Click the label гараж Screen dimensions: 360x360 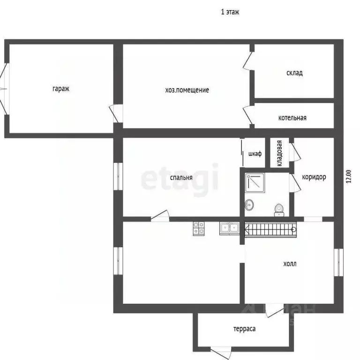(61, 89)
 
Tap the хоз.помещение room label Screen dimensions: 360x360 (187, 90)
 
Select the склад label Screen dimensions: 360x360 (294, 73)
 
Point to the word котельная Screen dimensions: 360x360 (292, 118)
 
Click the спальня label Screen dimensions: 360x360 (181, 178)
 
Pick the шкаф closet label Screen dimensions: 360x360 (255, 154)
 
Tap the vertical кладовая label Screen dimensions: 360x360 (279, 153)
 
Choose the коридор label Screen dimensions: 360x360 (314, 177)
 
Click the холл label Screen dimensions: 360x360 (290, 264)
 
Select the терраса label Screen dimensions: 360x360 (245, 329)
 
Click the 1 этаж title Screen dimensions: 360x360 (230, 12)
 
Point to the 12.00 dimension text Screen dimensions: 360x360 (349, 176)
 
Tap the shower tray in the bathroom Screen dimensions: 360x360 (255, 183)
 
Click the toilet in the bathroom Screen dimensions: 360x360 (279, 210)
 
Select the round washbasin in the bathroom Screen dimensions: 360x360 (249, 204)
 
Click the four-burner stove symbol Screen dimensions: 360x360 (199, 228)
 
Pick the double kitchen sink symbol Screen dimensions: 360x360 (229, 228)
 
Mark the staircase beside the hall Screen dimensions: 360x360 (270, 229)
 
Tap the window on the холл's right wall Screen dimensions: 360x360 (338, 262)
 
